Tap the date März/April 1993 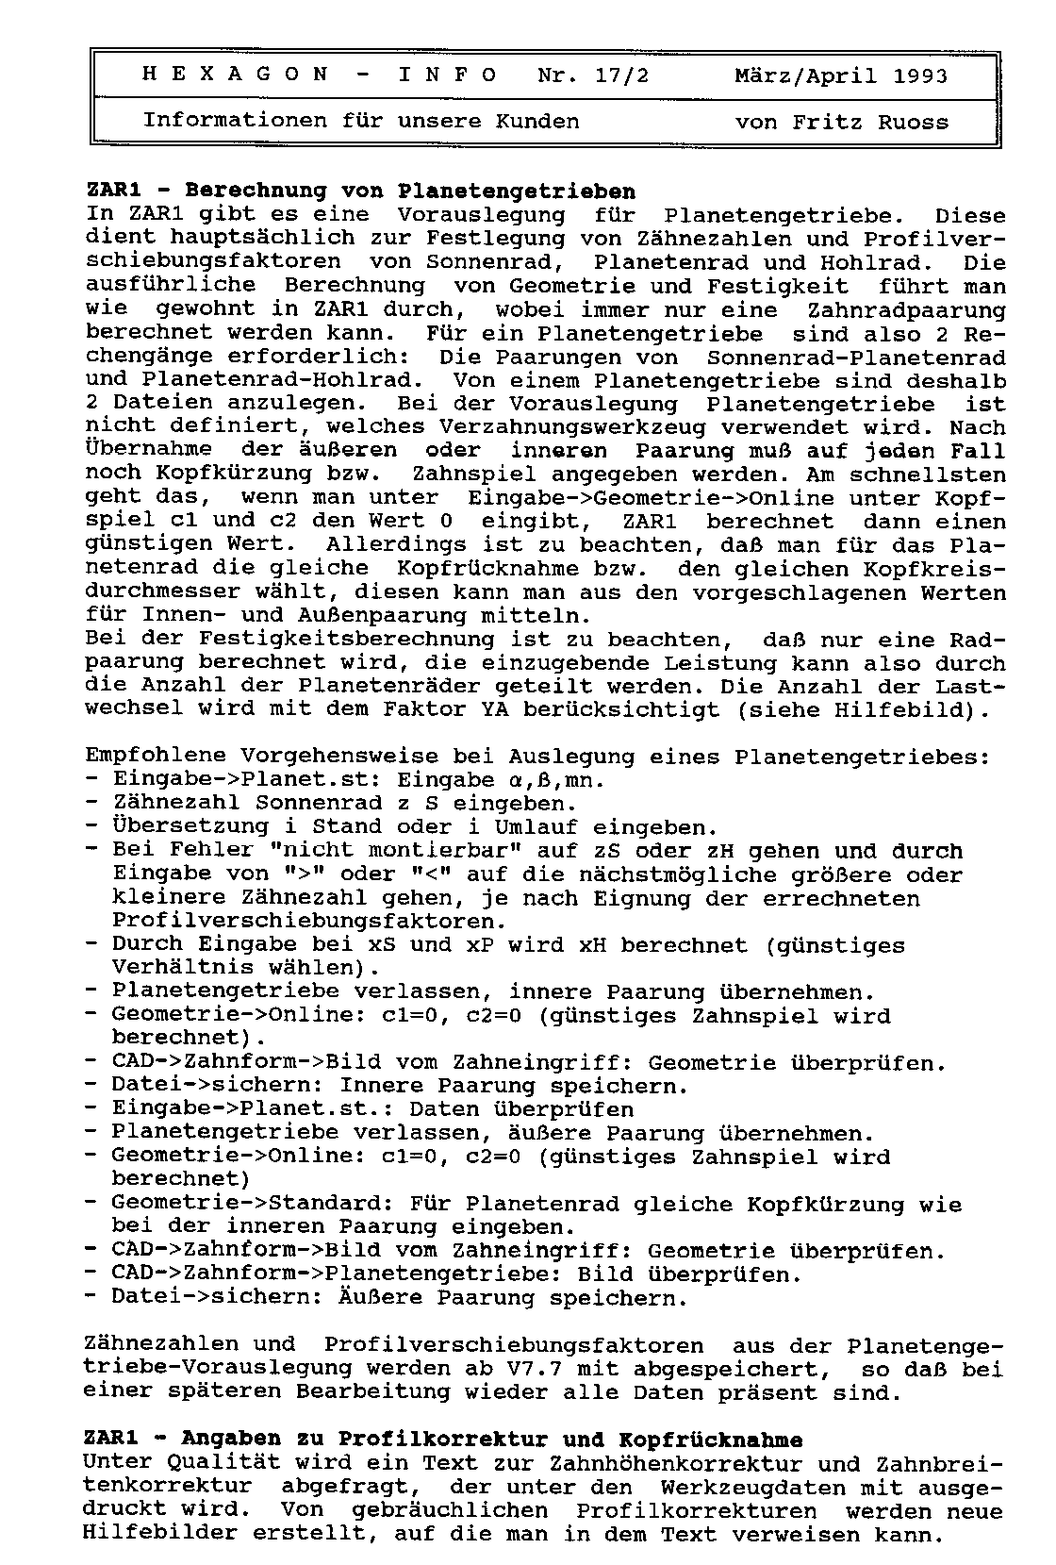point(841,75)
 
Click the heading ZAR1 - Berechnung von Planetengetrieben point(360,191)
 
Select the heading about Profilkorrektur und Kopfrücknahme point(443,1440)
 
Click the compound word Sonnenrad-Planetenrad point(856,358)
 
